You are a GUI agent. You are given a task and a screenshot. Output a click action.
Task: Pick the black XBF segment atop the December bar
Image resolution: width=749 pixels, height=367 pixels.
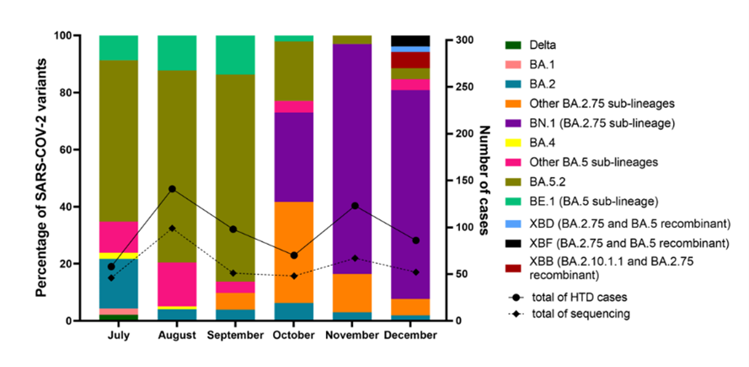(x=410, y=40)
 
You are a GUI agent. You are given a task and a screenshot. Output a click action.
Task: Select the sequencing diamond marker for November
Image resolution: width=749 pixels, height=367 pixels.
(x=355, y=258)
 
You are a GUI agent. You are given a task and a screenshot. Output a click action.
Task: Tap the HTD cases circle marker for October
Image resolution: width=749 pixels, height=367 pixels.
(x=294, y=256)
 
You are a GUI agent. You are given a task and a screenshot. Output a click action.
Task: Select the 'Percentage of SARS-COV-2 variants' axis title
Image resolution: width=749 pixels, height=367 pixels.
(x=41, y=178)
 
